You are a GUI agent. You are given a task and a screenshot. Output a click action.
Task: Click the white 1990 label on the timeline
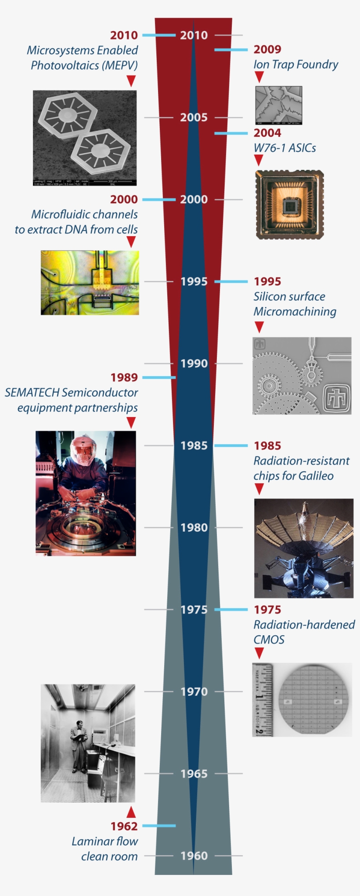click(x=194, y=363)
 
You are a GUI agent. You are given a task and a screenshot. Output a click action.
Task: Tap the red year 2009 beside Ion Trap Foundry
click(x=267, y=50)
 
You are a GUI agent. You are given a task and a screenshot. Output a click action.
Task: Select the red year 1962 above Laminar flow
click(x=124, y=826)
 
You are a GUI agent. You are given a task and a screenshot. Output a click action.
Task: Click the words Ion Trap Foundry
click(x=295, y=65)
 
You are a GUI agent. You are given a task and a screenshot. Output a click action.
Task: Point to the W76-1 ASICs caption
click(x=284, y=148)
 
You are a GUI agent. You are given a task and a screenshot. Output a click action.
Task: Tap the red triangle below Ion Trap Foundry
click(x=259, y=77)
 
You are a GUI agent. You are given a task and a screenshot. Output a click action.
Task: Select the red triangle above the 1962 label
click(x=131, y=811)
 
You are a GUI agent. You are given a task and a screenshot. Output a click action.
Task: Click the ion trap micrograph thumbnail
click(x=279, y=105)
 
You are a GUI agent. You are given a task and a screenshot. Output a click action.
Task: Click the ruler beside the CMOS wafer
click(x=263, y=700)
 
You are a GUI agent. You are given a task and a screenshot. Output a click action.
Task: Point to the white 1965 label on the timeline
click(x=194, y=774)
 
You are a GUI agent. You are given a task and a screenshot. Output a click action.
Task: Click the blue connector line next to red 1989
click(x=159, y=378)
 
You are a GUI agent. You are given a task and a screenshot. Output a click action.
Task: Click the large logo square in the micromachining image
click(x=337, y=398)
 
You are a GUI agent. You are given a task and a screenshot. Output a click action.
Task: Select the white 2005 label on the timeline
click(x=194, y=118)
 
